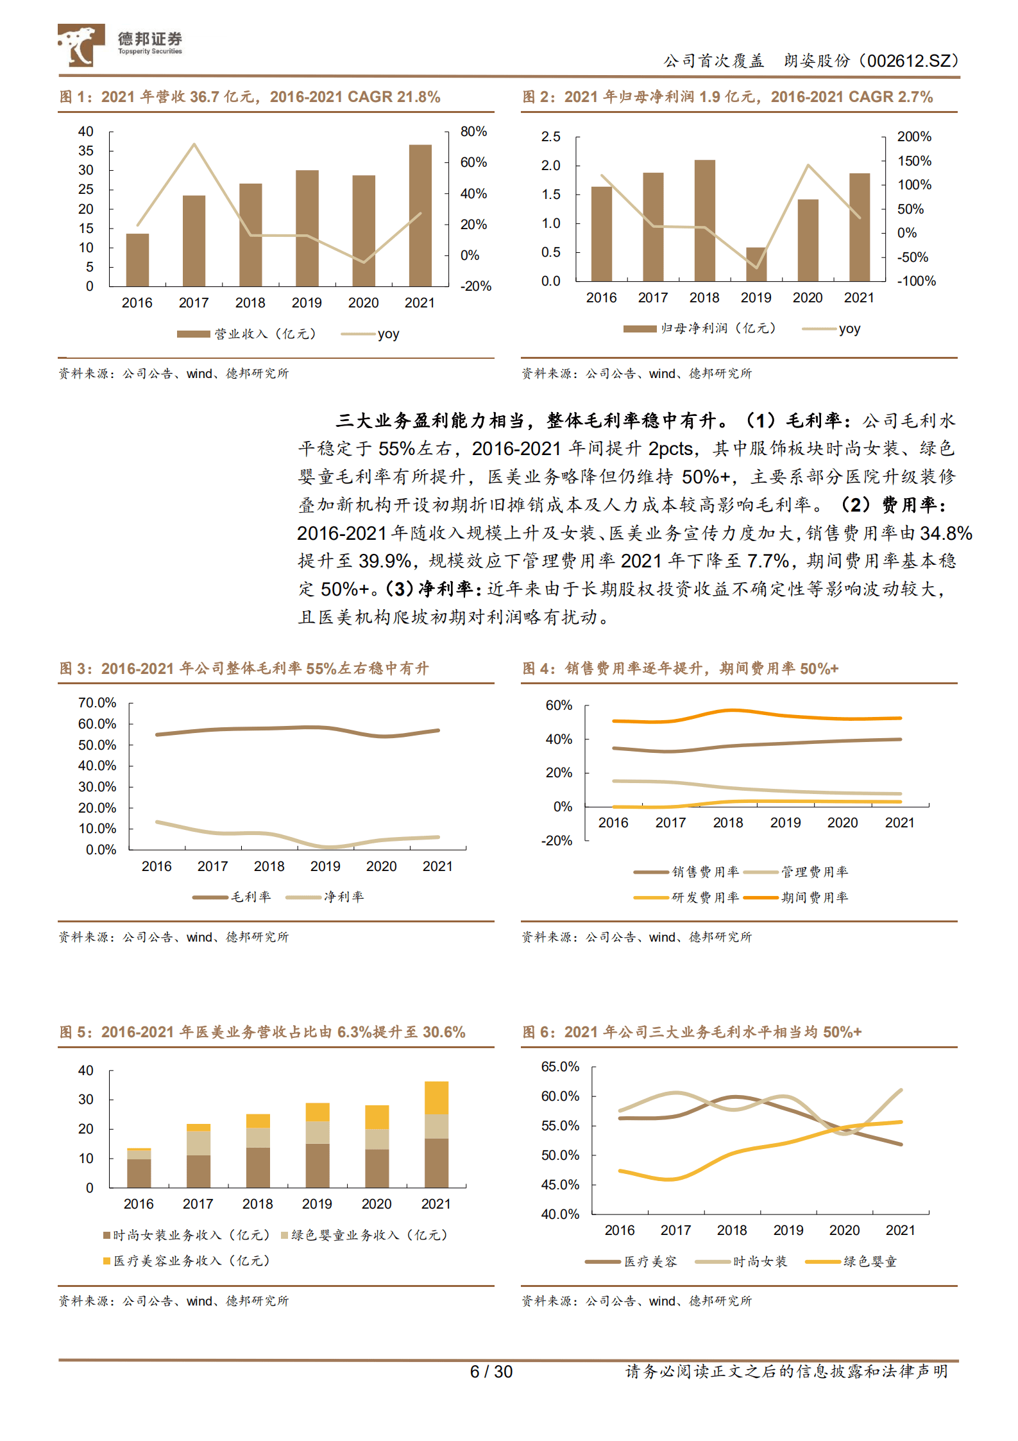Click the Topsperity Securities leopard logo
81,45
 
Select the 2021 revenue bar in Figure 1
420,215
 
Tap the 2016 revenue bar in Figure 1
137,260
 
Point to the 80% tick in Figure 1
473,132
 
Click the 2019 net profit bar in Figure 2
756,264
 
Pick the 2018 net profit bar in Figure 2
704,220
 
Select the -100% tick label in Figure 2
916,281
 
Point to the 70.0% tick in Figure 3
98,703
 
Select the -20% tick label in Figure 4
557,841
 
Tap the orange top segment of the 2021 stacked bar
436,1098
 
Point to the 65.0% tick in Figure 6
560,1067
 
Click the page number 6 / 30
491,1372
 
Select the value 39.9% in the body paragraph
384,561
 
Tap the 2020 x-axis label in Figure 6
844,1230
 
